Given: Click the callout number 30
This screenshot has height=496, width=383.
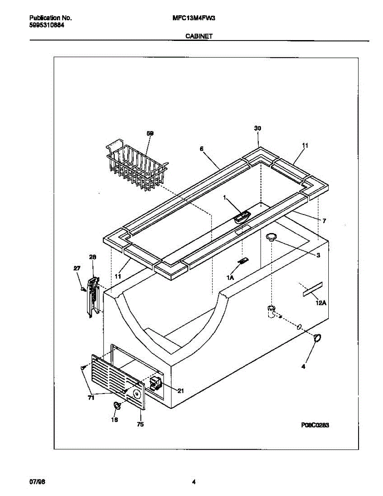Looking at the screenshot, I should click(258, 129).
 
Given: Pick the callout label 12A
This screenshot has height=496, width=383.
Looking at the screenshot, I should click(321, 303).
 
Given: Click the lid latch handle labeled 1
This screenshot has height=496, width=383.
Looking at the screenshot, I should click(242, 217).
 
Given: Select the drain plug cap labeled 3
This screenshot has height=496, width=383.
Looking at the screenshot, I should click(271, 236).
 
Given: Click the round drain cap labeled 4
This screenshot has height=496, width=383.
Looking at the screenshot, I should click(318, 338).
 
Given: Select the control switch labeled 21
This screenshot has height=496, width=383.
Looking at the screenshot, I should click(155, 383).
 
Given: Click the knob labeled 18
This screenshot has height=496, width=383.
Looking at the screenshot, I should click(117, 406).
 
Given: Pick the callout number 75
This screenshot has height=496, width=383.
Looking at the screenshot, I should click(140, 424).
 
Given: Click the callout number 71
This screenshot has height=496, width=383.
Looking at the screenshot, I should click(91, 398).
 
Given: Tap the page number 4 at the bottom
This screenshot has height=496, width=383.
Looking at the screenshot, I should click(193, 482).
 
